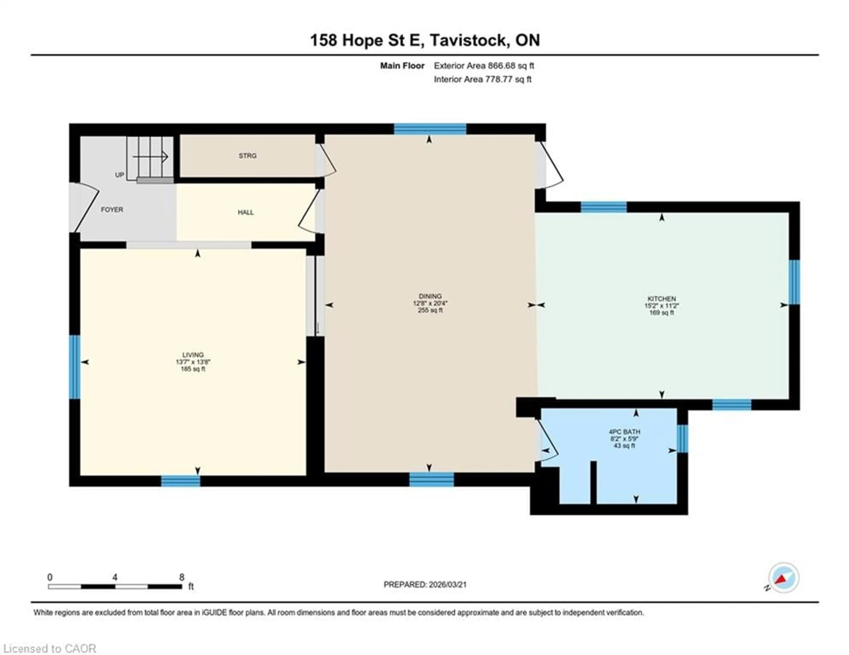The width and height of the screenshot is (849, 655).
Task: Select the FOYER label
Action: click(x=112, y=209)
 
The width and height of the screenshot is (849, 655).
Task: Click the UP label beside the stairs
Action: click(x=119, y=175)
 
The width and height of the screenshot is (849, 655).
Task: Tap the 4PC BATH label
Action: click(x=624, y=432)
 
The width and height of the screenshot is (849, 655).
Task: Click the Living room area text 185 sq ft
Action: click(x=193, y=369)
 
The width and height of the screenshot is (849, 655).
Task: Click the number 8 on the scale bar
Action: click(x=182, y=577)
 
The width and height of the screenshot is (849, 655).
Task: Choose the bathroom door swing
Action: click(x=548, y=442)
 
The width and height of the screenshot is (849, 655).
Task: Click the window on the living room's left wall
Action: click(x=75, y=367)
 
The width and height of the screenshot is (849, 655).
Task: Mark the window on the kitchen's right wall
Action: click(x=794, y=282)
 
